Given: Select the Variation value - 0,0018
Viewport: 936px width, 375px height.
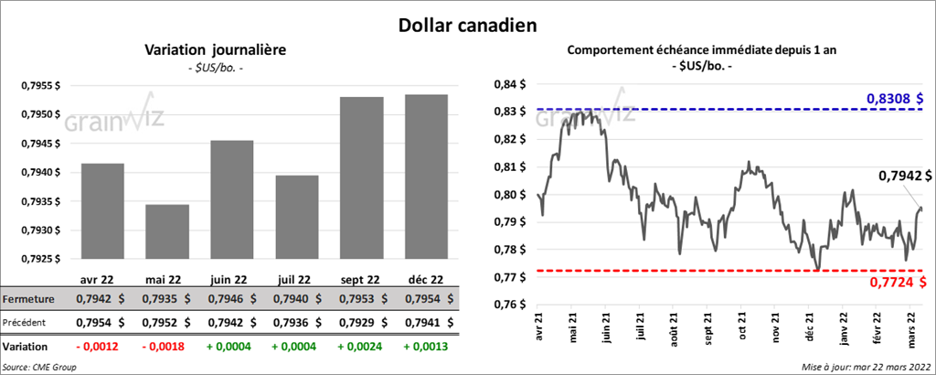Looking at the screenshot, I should [165, 347].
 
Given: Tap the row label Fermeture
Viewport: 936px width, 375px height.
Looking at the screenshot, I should [27, 298].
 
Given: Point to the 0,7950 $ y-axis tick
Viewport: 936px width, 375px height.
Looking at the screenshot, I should [37, 114].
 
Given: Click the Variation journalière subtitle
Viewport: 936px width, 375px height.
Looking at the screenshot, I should [215, 51].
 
